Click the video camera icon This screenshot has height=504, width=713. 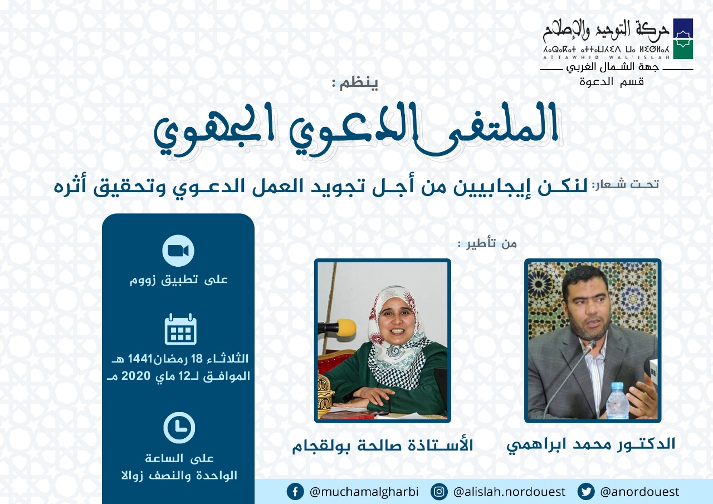pos(178,251)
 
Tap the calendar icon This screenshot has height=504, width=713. pos(180,329)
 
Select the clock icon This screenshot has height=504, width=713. pos(179,428)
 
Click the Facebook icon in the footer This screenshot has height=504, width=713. pos(295,492)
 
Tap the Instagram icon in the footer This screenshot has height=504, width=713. pos(439,492)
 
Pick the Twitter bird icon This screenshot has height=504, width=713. pos(585,492)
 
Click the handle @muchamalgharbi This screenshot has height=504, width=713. pos(364,492)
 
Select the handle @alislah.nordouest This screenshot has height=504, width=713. pos(509,492)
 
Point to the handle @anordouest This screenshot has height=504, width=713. pos(640,492)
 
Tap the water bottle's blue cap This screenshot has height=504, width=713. pos(617,386)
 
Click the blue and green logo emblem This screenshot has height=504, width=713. pos(683,38)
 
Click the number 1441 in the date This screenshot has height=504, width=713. pos(141,359)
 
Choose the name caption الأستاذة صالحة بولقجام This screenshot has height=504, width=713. pos(383,446)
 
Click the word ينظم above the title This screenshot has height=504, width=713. pos(359,84)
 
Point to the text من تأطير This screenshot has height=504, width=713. pos(492,244)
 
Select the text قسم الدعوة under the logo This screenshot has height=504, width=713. pos(612,82)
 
